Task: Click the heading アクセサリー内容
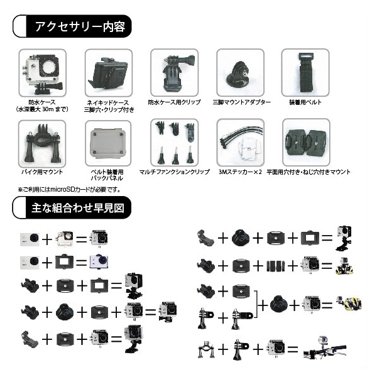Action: coord(79,27)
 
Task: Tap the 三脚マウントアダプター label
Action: coord(242,102)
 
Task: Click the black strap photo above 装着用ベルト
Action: coord(305,72)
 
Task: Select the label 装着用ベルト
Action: coord(306,102)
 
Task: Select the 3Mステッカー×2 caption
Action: coord(239,172)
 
